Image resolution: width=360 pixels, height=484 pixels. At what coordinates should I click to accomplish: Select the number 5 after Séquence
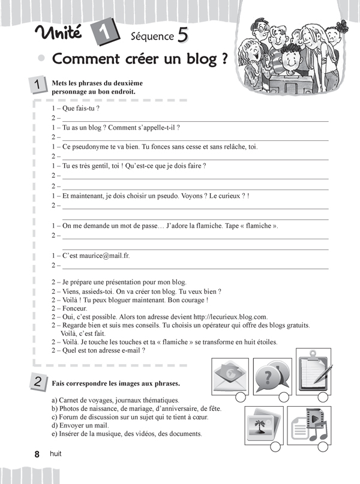click(x=182, y=36)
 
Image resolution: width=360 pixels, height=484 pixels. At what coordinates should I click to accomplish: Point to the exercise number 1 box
click(x=38, y=86)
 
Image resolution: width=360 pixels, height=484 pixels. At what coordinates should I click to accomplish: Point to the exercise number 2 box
click(x=38, y=382)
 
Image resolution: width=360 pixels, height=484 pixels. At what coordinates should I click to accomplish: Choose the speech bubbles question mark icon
click(x=271, y=376)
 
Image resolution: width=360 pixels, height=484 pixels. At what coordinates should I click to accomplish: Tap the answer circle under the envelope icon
click(x=241, y=396)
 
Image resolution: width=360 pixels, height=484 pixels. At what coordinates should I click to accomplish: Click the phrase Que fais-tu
click(x=77, y=109)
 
